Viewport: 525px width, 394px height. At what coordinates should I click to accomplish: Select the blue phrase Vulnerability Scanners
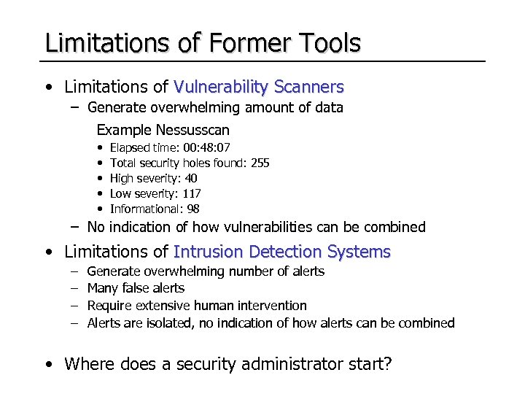pos(258,88)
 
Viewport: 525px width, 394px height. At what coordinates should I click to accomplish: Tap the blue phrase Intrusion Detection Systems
pos(281,252)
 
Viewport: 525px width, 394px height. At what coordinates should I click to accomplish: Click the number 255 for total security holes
pos(260,163)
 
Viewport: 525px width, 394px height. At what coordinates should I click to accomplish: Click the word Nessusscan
pos(192,131)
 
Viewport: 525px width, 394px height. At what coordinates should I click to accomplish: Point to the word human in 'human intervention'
pos(212,306)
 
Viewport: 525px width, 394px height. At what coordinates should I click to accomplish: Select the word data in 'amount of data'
pos(329,108)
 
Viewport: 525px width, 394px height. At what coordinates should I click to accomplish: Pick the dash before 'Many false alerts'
pos(75,288)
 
